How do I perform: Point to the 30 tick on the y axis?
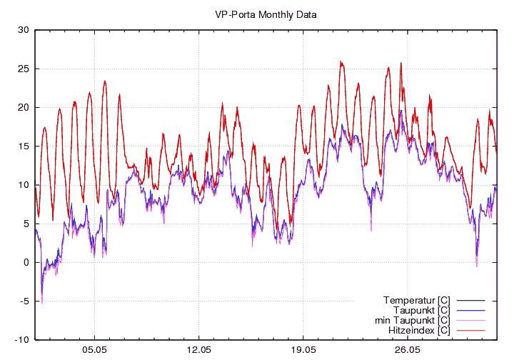point(23,30)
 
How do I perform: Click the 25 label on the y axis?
point(23,69)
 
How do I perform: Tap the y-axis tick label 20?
point(23,107)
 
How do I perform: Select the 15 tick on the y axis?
point(23,146)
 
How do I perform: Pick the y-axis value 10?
point(23,185)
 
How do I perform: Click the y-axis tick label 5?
point(26,224)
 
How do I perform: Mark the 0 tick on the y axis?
point(26,262)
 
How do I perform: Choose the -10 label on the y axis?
point(21,339)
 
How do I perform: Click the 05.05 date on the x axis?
point(94,350)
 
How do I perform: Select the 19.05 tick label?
point(303,350)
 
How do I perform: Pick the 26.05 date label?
point(407,350)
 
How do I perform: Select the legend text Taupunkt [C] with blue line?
point(421,310)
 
